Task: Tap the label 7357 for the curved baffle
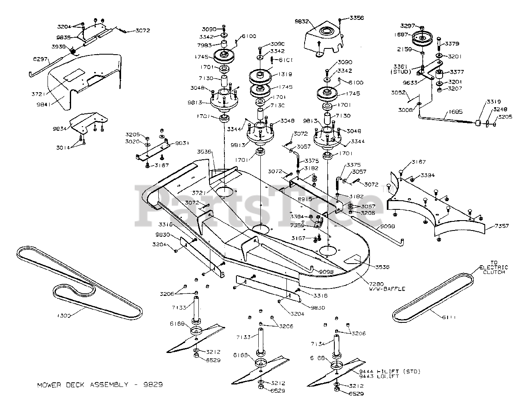pyautogui.click(x=501, y=226)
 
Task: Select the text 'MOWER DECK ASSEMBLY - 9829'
pyautogui.click(x=100, y=384)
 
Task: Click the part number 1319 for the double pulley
pyautogui.click(x=285, y=74)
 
